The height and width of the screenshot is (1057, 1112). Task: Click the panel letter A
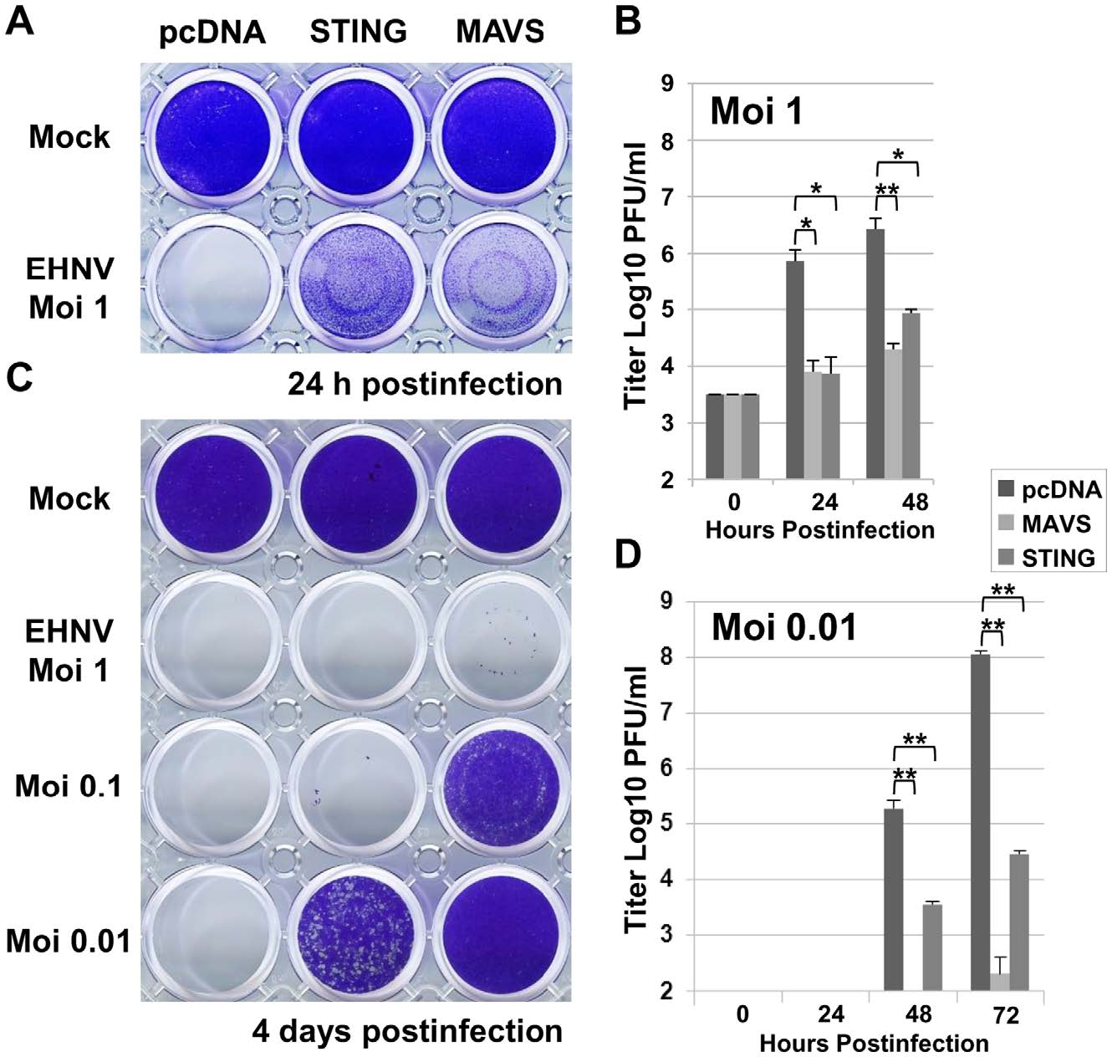[20, 20]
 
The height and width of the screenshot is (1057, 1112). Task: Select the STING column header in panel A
[358, 31]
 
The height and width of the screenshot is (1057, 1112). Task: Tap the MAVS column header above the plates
[499, 31]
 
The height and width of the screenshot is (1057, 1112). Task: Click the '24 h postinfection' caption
[425, 384]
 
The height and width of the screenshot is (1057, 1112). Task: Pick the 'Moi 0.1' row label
[69, 787]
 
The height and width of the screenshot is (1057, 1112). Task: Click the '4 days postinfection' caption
[407, 1030]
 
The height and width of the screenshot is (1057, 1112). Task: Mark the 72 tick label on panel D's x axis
[1006, 1015]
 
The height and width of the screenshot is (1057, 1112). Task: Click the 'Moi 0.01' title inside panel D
[783, 627]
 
